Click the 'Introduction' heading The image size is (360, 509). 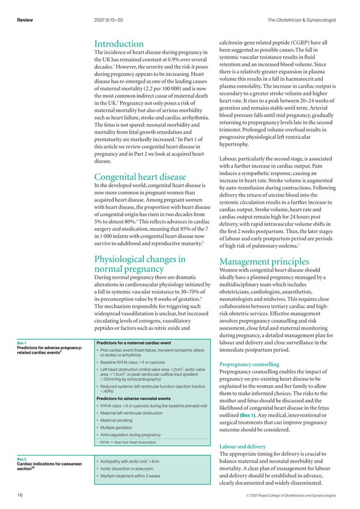point(118,44)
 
